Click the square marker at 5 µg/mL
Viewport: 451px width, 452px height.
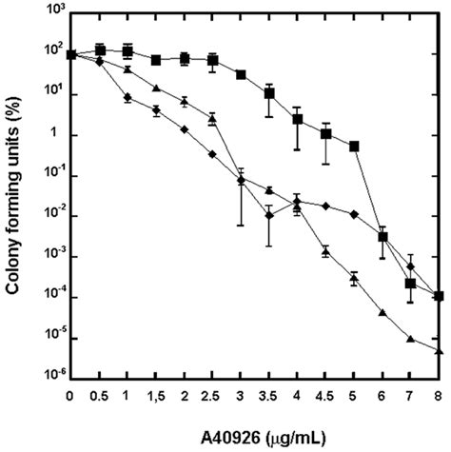(x=354, y=146)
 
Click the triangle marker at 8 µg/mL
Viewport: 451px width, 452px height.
(x=439, y=351)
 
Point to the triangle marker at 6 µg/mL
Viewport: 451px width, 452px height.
(x=382, y=312)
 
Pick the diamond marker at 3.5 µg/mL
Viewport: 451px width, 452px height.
(x=269, y=216)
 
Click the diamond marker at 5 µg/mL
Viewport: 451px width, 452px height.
(x=354, y=215)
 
